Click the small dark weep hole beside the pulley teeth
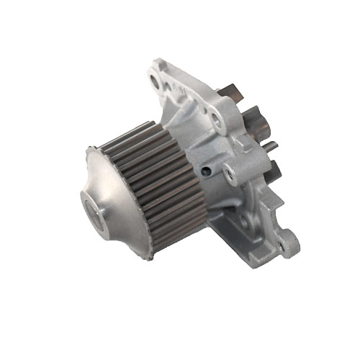click(208, 170)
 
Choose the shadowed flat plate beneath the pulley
click(230, 238)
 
